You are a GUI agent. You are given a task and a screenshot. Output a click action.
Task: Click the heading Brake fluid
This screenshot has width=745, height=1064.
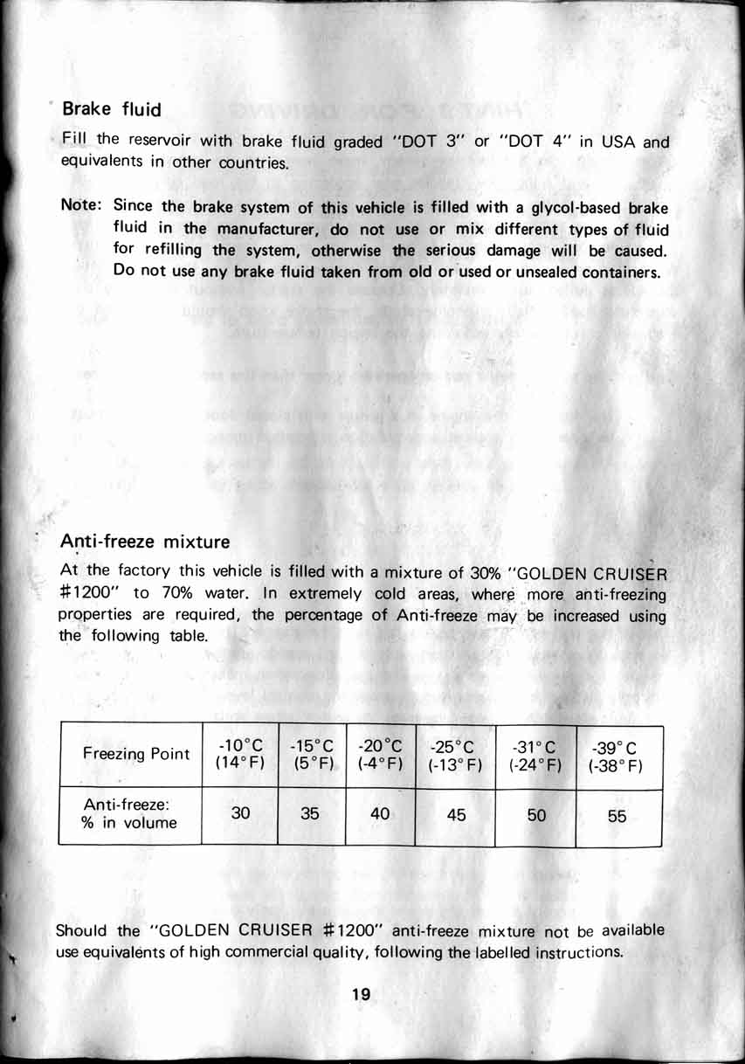coord(112,109)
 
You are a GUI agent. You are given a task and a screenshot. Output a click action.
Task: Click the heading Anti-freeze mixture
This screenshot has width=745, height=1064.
coord(145,542)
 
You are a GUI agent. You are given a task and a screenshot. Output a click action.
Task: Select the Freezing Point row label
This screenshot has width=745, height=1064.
coord(135,754)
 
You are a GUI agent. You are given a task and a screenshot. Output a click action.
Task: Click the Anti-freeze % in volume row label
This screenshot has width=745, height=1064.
coord(128,815)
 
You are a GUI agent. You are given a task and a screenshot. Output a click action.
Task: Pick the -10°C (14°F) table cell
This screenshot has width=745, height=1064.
coord(240,755)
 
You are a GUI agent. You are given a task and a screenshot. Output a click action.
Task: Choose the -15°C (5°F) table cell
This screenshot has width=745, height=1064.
coord(312,755)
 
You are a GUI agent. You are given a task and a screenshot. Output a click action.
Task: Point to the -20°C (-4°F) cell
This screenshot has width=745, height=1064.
coord(380,755)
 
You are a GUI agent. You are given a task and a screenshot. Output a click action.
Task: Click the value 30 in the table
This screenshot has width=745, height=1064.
coord(240,813)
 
